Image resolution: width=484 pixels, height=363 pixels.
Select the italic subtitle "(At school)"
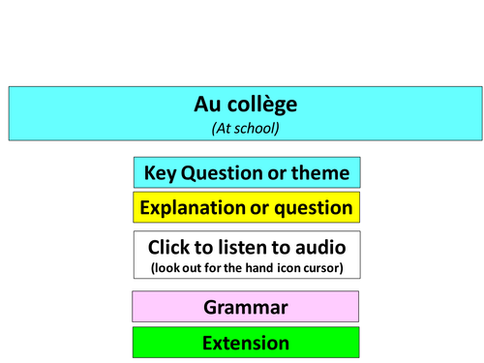[x=246, y=126]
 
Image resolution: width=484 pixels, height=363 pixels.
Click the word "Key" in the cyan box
[x=161, y=173]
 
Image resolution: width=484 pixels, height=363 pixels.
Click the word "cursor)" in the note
[x=321, y=266]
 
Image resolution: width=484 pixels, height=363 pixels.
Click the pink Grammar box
[x=246, y=307]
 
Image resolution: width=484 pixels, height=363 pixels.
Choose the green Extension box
[x=246, y=343]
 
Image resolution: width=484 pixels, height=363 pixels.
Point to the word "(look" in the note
[x=166, y=266]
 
